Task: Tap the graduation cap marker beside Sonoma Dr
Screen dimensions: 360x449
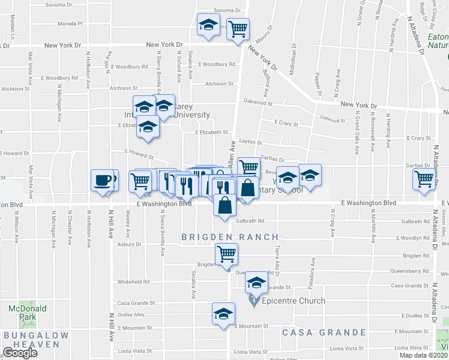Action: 209,25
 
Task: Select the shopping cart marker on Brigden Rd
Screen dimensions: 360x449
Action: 227,254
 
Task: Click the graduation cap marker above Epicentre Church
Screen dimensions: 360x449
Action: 257,283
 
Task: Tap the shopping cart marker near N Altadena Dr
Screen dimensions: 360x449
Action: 424,179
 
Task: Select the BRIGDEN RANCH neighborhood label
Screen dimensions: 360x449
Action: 230,238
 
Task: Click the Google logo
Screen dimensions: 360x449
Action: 19,353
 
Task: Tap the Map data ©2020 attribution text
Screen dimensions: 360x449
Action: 422,355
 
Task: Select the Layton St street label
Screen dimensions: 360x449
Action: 250,143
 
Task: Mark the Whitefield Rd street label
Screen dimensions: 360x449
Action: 133,281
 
